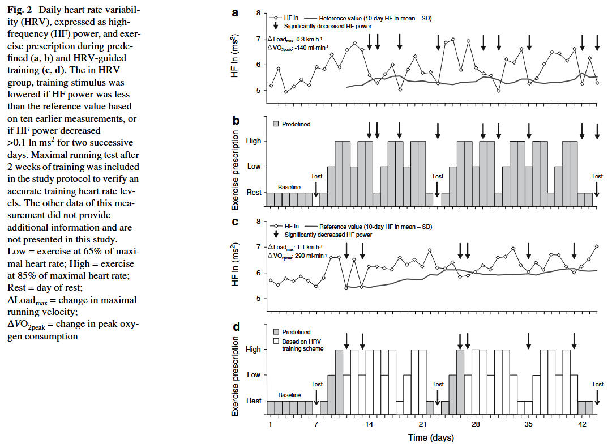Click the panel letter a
[x=235, y=12]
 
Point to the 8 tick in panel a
[x=258, y=13]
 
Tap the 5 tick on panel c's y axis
[x=258, y=299]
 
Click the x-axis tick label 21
[x=422, y=424]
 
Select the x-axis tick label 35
[x=529, y=424]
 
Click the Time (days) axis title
[x=431, y=437]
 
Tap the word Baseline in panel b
[x=289, y=186]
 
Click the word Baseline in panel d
[x=289, y=395]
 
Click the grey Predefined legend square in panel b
[x=276, y=123]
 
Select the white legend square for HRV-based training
[x=276, y=342]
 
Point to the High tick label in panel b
[x=254, y=141]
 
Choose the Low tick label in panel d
[x=254, y=375]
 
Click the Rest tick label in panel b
[x=254, y=193]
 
